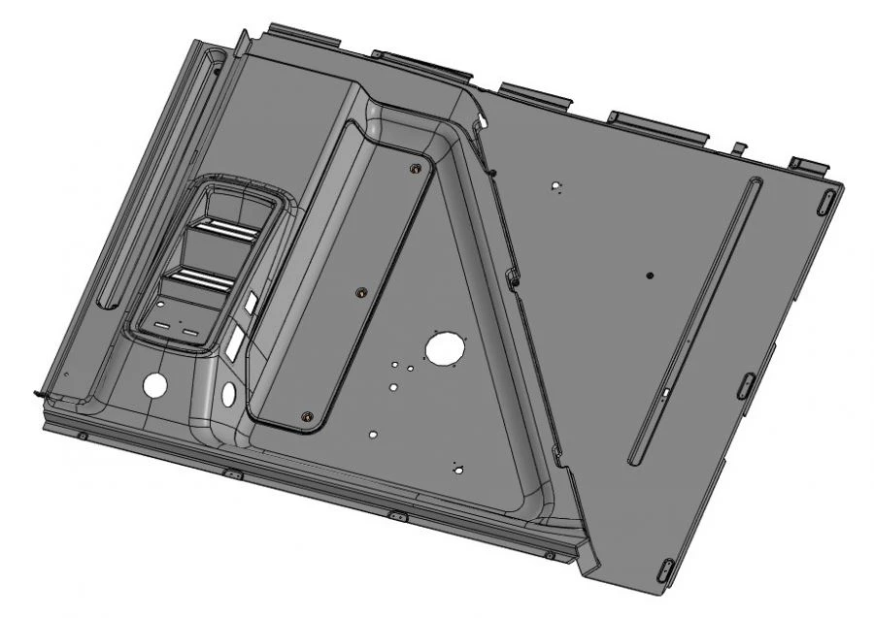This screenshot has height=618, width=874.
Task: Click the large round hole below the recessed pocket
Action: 154,384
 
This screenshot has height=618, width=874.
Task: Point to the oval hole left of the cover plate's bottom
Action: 228,394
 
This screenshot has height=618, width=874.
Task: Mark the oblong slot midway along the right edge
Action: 745,385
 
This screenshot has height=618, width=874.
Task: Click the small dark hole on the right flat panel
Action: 650,276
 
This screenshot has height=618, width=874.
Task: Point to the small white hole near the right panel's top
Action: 555,184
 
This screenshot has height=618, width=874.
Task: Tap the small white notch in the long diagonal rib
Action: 668,392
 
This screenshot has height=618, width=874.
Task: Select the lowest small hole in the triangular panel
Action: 456,470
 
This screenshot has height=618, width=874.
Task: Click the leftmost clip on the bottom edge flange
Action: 83,436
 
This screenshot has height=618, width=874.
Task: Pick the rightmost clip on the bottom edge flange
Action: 550,555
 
